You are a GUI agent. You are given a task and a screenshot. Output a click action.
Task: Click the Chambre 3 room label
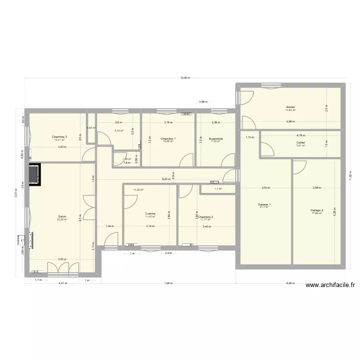pyautogui.click(x=60, y=137)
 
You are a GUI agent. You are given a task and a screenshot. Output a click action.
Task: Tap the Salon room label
pyautogui.click(x=62, y=216)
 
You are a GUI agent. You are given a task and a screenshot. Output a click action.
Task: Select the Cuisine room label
pyautogui.click(x=150, y=214)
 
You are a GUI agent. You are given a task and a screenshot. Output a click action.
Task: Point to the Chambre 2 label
pyautogui.click(x=206, y=216)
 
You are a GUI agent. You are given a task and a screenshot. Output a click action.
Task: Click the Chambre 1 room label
pyautogui.click(x=168, y=138)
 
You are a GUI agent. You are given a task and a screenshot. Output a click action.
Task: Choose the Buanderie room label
pyautogui.click(x=216, y=139)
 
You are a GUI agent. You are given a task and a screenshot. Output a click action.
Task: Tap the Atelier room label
pyautogui.click(x=290, y=107)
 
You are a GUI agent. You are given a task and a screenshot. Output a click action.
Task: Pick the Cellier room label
pyautogui.click(x=301, y=143)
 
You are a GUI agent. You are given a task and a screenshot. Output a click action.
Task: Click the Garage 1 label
pyautogui.click(x=264, y=204)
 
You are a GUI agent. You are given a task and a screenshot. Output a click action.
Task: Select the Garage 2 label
pyautogui.click(x=317, y=210)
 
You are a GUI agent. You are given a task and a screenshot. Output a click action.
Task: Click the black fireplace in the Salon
pyautogui.click(x=35, y=175)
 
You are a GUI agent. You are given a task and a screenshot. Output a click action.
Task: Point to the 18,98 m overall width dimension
pyautogui.click(x=185, y=78)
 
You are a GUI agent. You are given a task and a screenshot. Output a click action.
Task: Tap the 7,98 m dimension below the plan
pyautogui.click(x=168, y=283)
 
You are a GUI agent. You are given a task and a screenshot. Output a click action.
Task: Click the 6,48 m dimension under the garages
pyautogui.click(x=291, y=283)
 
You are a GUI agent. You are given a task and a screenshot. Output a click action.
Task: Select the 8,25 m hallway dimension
pyautogui.click(x=165, y=179)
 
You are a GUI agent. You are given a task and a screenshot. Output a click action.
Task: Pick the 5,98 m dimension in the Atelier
pyautogui.click(x=291, y=121)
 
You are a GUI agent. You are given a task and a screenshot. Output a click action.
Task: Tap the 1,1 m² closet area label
pyautogui.click(x=218, y=189)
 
